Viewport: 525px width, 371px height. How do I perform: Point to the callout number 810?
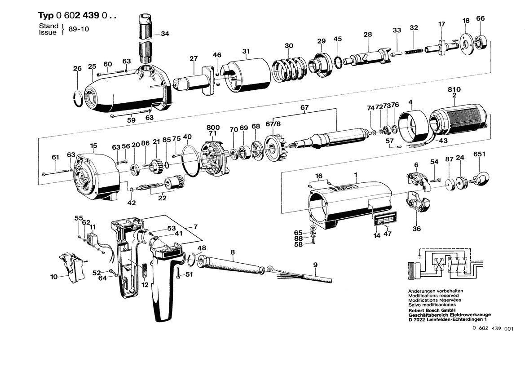[454, 89]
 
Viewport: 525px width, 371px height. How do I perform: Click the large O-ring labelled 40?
[191, 162]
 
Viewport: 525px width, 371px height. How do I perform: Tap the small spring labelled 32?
[415, 52]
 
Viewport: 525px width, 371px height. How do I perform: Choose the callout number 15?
[93, 146]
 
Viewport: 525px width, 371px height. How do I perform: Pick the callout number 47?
[387, 234]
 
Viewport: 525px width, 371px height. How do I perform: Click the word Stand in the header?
[48, 26]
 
